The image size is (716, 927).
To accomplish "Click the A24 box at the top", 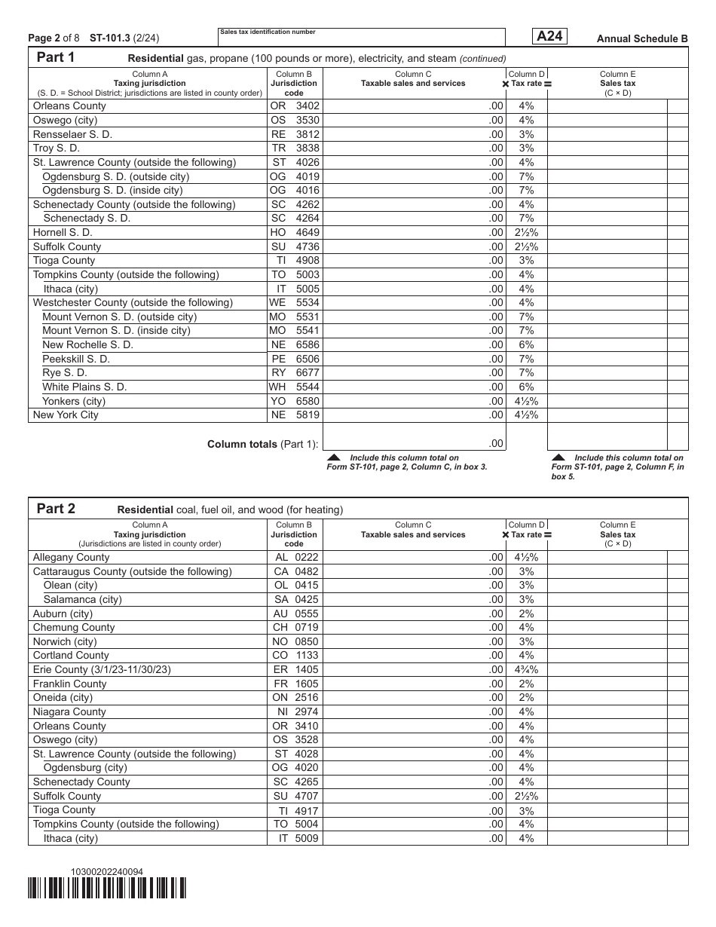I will pyautogui.click(x=549, y=36).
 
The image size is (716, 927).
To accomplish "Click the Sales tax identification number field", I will pyautogui.click(x=361, y=38).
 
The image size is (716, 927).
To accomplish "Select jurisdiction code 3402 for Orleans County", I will pyautogui.click(x=295, y=106).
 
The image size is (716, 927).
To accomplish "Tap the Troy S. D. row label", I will pyautogui.click(x=57, y=148).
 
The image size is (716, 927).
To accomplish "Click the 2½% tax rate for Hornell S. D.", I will pyautogui.click(x=526, y=233).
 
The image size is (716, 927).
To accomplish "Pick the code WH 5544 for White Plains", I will pyautogui.click(x=295, y=387).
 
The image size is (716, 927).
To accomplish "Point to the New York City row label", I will pyautogui.click(x=66, y=415).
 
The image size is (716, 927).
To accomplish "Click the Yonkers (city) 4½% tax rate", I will pyautogui.click(x=526, y=401).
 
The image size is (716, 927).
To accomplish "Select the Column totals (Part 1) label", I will pyautogui.click(x=263, y=445).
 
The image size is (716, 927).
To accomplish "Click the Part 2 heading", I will pyautogui.click(x=56, y=509).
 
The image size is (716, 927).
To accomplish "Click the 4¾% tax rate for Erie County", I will pyautogui.click(x=526, y=669).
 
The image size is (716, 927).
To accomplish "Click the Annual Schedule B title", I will pyautogui.click(x=642, y=38).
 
